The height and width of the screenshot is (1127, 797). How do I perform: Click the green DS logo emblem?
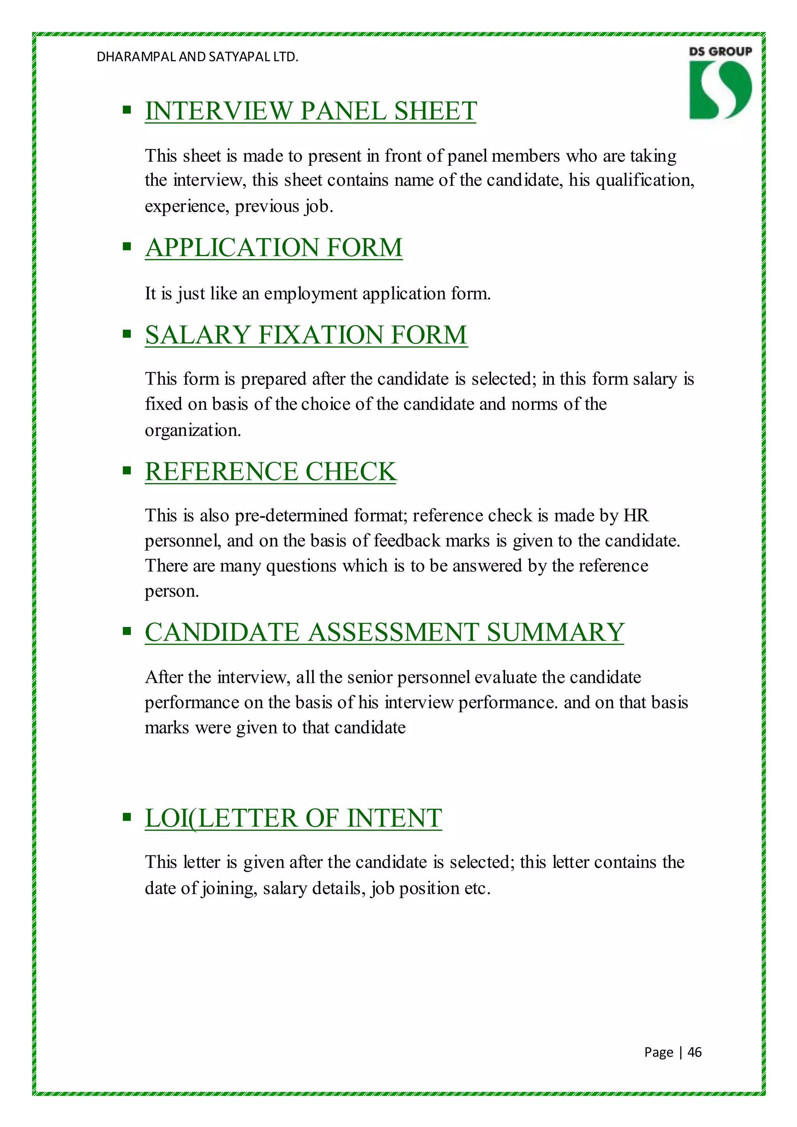coord(720,90)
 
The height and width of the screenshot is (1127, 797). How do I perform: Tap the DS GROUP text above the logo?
coord(720,51)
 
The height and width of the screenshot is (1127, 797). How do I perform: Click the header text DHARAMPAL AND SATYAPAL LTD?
coord(197,57)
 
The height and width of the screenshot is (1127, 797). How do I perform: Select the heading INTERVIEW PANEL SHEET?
coord(311,111)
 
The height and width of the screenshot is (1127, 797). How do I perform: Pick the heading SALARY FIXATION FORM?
coord(306,335)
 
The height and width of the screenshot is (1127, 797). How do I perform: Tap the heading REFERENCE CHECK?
coord(270,472)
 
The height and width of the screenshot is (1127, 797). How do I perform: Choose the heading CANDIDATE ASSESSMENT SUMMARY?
coord(384,632)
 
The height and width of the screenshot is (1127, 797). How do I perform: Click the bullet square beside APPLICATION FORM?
coord(127,246)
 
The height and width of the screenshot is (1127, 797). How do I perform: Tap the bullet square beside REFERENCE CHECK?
coord(127,471)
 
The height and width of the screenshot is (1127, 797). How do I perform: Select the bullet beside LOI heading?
coord(127,817)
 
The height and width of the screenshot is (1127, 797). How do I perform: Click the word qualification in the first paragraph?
coord(644,181)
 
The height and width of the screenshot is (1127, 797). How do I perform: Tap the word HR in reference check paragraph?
coord(636,515)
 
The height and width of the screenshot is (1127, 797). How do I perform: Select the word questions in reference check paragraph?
coord(301,566)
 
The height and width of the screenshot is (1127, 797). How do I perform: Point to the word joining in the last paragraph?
coord(229,888)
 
